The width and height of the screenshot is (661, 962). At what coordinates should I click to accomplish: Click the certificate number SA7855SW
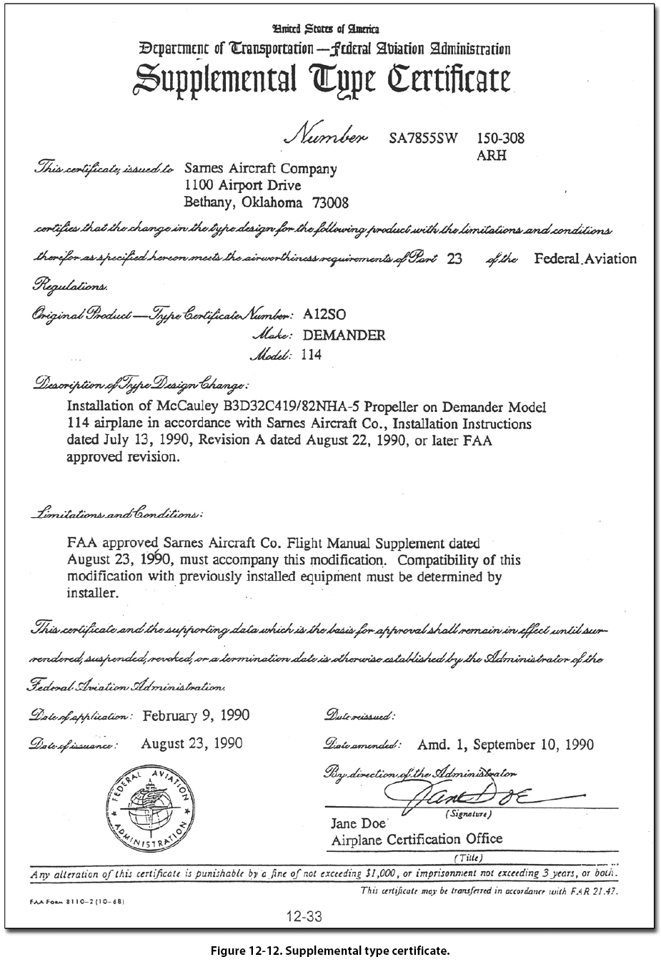coord(424,138)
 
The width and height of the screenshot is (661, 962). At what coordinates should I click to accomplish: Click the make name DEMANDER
coord(344,335)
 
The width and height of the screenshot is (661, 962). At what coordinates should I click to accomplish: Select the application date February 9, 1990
coord(197,715)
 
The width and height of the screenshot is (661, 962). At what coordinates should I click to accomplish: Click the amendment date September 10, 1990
coord(532,745)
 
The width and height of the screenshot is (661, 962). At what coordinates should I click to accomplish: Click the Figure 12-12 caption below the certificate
coord(330,951)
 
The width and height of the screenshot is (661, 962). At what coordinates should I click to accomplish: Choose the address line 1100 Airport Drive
coord(242,186)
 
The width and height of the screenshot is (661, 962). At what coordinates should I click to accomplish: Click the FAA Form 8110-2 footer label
coord(79,903)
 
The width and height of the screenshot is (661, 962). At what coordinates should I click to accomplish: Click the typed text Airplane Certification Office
coord(417,840)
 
